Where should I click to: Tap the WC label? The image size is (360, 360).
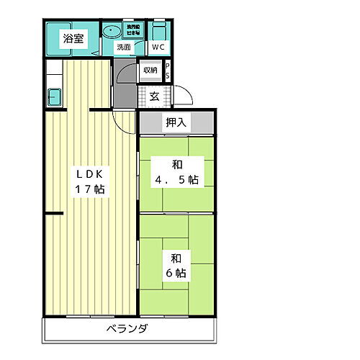tap(158, 48)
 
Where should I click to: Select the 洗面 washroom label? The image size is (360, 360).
tap(124, 48)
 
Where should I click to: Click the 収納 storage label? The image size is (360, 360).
tap(149, 71)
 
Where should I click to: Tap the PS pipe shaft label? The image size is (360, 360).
tap(167, 71)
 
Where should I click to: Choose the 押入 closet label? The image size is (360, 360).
tap(176, 122)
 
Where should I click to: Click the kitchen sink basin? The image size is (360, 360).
tap(54, 96)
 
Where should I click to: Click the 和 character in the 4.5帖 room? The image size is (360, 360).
tap(175, 163)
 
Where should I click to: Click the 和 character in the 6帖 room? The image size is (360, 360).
tap(175, 256)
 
